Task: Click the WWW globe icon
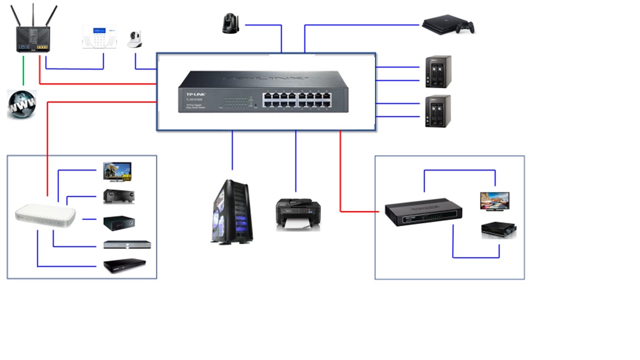click(22, 104)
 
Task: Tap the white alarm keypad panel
click(99, 36)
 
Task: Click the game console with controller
click(448, 26)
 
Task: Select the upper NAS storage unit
click(437, 71)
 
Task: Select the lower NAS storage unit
click(437, 111)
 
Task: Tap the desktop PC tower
click(230, 212)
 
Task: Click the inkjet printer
click(298, 214)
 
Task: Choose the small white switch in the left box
click(45, 216)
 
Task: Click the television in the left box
click(117, 172)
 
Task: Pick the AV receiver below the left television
click(118, 196)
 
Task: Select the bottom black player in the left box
click(124, 266)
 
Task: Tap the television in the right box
click(494, 201)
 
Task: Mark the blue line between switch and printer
click(296, 161)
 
